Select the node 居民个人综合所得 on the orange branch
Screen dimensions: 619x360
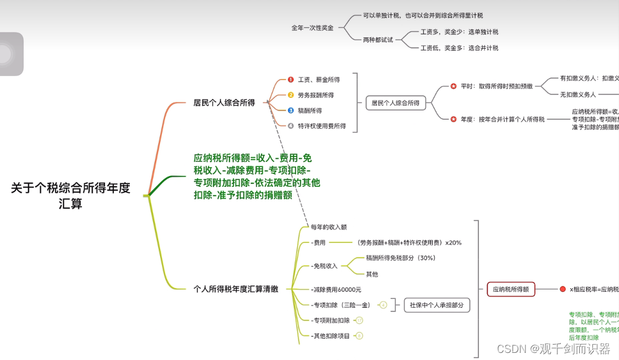(x=224, y=103)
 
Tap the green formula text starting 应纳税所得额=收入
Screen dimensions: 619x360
(x=256, y=176)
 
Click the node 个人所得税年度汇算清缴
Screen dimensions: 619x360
(x=235, y=289)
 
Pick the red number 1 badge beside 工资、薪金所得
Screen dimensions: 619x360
(x=291, y=79)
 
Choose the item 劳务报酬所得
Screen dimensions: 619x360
(x=315, y=95)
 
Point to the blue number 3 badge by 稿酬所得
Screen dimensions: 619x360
(x=291, y=110)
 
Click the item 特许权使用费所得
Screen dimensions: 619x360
(x=321, y=126)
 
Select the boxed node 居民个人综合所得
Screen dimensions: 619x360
(x=395, y=103)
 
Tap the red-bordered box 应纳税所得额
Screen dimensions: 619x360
(x=510, y=289)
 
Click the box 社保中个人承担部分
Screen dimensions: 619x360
(x=436, y=305)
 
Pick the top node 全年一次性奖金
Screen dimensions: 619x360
(x=312, y=28)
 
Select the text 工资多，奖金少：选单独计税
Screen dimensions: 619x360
(x=459, y=32)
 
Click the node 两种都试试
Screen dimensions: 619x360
(x=378, y=40)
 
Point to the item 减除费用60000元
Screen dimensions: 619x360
(x=336, y=289)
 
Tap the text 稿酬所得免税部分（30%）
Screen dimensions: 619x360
(x=400, y=259)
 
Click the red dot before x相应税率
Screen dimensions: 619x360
(x=563, y=289)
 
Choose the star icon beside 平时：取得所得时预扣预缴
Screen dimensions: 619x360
(x=454, y=87)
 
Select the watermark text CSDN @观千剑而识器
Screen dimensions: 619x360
(x=553, y=349)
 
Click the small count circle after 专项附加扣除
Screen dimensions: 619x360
(x=359, y=320)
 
